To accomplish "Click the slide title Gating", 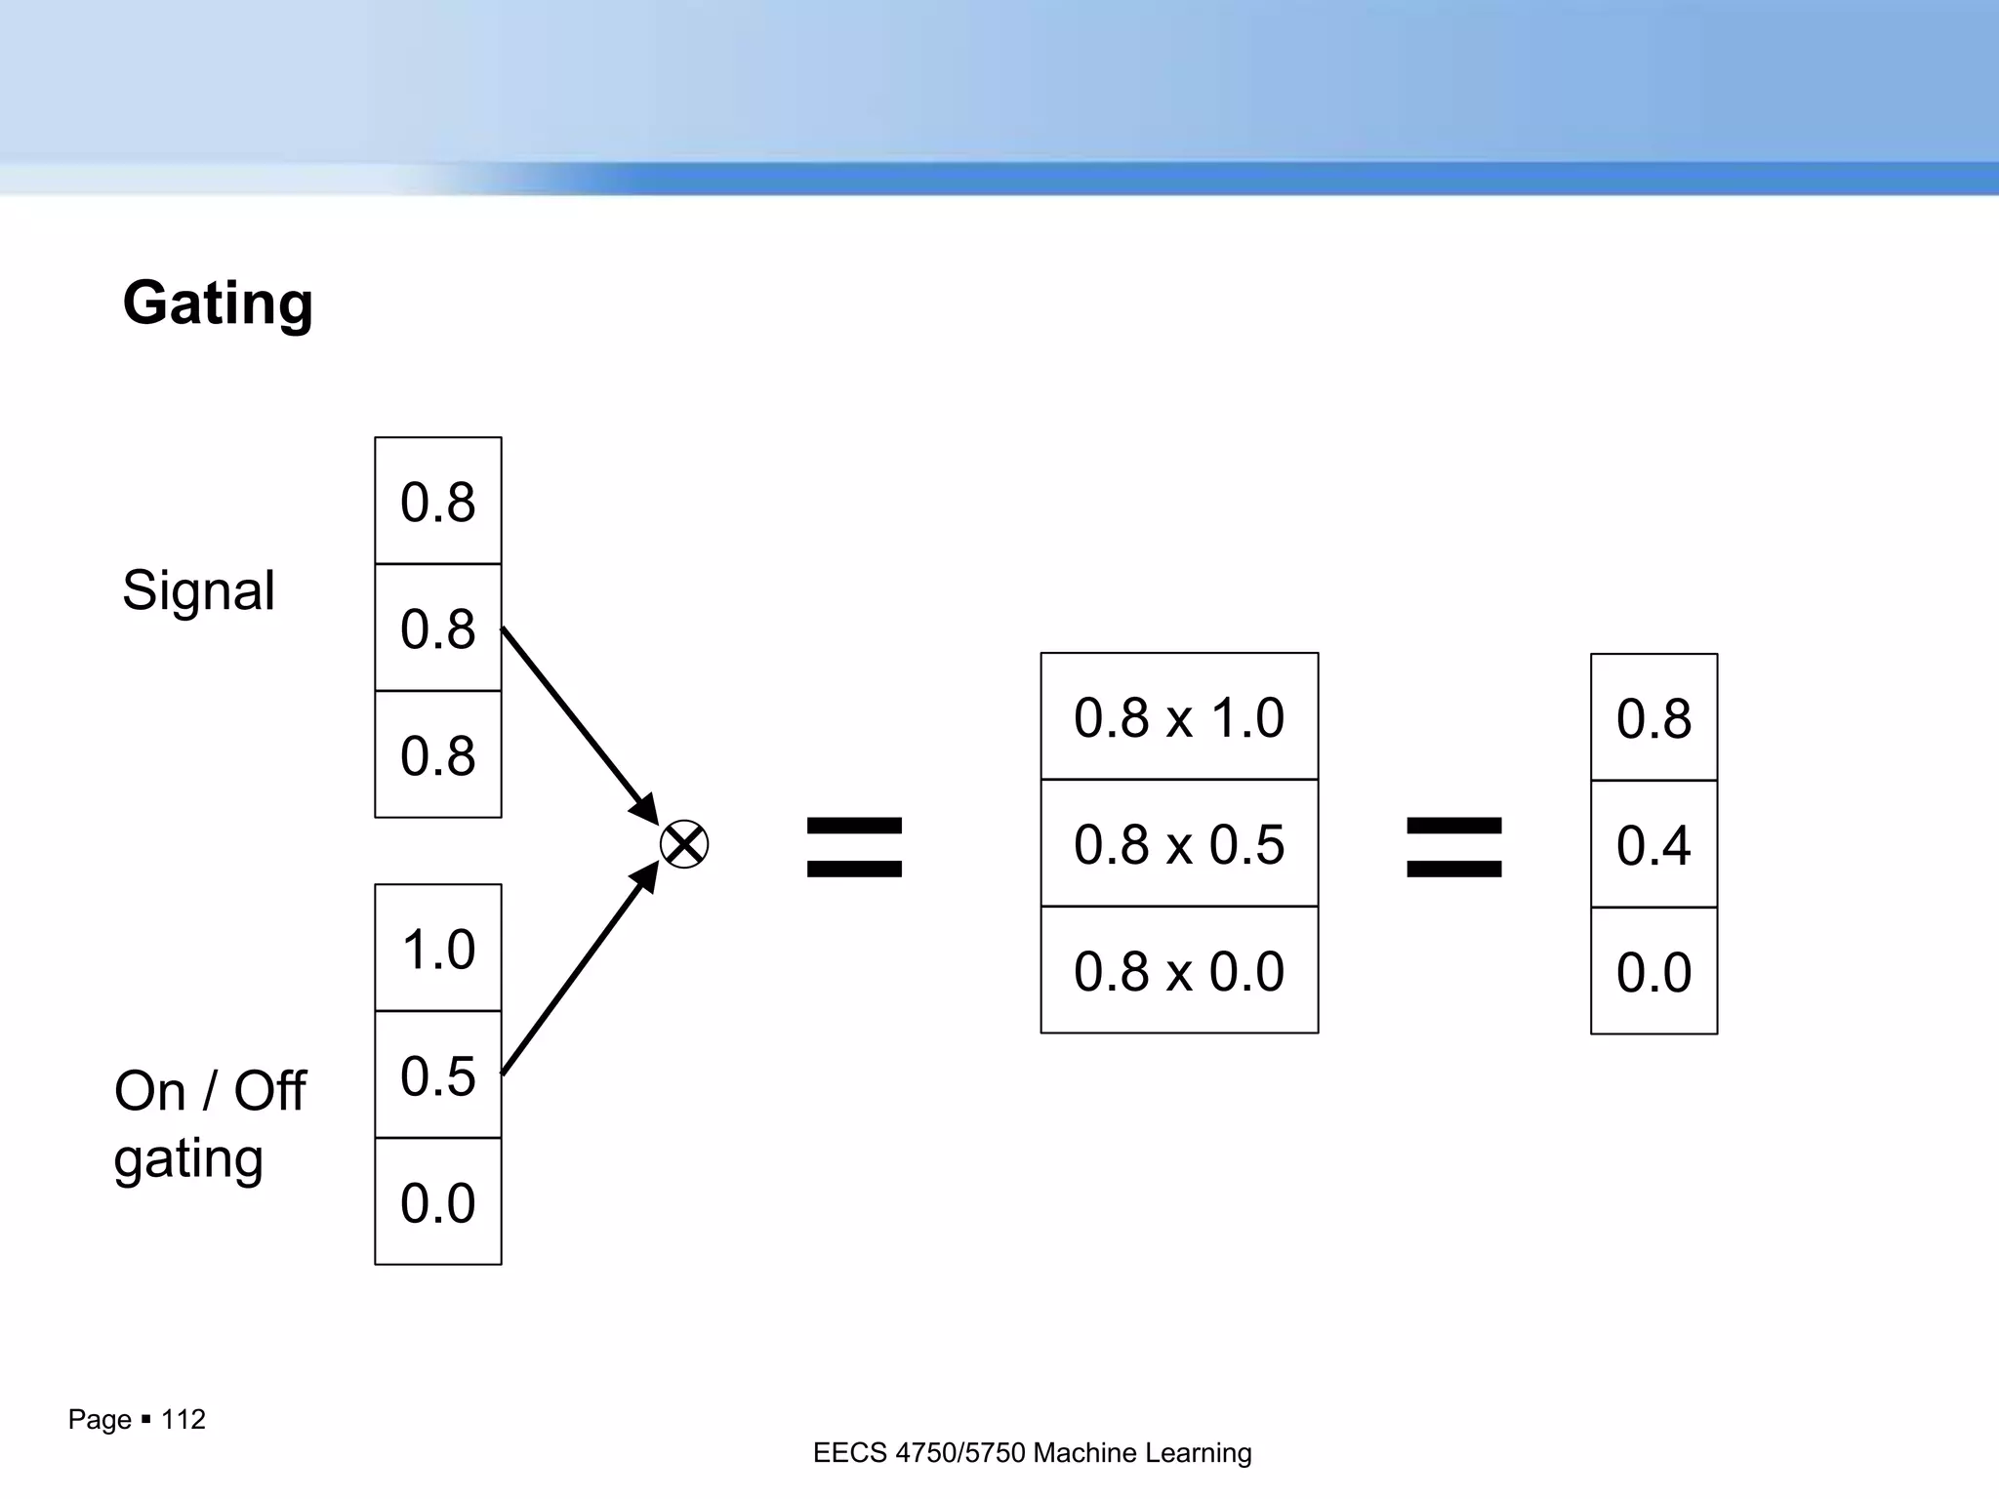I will [218, 304].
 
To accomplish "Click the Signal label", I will [198, 590].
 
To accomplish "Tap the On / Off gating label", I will [209, 1123].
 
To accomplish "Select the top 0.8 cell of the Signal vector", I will [438, 502].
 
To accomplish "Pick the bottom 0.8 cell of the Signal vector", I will [438, 754].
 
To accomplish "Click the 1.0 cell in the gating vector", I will [438, 949].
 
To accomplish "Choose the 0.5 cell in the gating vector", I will [438, 1074].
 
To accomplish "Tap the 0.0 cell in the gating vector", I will [438, 1201].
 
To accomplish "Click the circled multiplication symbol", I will [684, 845].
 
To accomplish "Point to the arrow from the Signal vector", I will [576, 722].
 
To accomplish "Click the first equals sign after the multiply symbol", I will [854, 847].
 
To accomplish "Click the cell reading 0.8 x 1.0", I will [1179, 717].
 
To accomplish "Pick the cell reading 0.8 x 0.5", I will [1179, 844].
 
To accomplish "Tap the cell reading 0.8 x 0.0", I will [1179, 971].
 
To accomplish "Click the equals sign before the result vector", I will [1453, 847].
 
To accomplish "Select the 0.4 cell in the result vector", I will [1653, 845].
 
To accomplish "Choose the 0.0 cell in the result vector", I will [1653, 972].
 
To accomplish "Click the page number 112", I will [183, 1419].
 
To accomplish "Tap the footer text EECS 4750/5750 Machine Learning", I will [1032, 1453].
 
